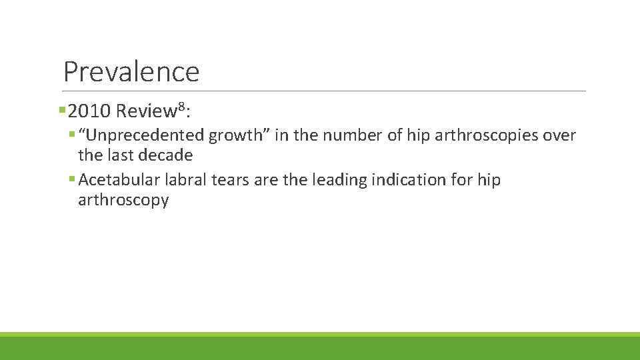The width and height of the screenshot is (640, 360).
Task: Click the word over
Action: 560,136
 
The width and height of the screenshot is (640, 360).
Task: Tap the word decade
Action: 164,156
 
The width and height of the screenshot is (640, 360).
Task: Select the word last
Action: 119,156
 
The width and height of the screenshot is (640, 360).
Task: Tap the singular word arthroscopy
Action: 123,200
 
